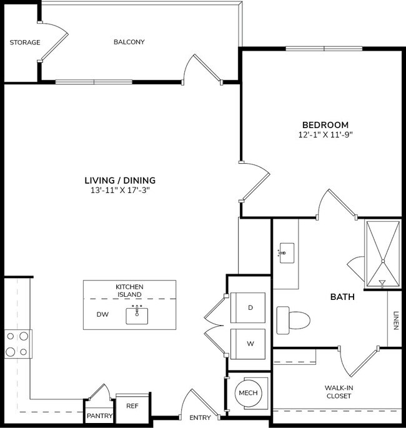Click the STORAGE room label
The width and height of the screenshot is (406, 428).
25,42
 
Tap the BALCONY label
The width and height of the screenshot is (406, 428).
129,42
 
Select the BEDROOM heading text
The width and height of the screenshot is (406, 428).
326,125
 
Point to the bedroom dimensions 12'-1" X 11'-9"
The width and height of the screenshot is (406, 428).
326,134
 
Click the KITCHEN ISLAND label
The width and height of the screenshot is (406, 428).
129,290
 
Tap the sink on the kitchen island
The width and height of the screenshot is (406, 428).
137,315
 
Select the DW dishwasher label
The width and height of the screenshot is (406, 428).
102,315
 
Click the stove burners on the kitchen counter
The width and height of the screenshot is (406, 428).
17,344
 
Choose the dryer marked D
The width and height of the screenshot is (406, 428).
250,307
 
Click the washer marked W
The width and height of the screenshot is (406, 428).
250,343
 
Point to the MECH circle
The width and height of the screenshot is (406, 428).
249,394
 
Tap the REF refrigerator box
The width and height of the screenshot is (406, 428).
132,406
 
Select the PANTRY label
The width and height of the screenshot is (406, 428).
100,416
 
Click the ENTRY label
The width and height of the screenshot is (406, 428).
200,417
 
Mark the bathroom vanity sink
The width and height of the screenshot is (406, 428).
287,253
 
